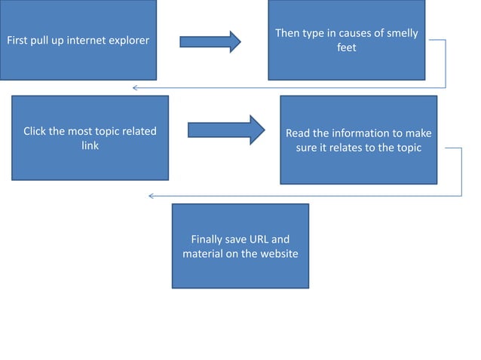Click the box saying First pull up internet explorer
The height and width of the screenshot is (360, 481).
[78, 40]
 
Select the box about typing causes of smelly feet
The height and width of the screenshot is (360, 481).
[346, 41]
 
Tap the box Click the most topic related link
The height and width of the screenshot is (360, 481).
[90, 138]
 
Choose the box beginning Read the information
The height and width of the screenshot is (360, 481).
[358, 140]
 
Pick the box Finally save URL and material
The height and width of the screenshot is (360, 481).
[240, 246]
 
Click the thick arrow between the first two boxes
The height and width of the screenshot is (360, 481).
[210, 41]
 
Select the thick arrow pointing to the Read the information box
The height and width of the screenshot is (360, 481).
[225, 130]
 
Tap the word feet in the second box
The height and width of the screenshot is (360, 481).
[346, 47]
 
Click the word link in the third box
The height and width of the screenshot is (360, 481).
[90, 145]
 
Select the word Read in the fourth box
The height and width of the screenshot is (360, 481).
[298, 133]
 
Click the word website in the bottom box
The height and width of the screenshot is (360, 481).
[277, 254]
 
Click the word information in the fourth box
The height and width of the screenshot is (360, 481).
[360, 133]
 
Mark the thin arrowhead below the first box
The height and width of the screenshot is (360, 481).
[135, 88]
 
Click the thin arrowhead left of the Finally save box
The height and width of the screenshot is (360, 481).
[151, 196]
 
